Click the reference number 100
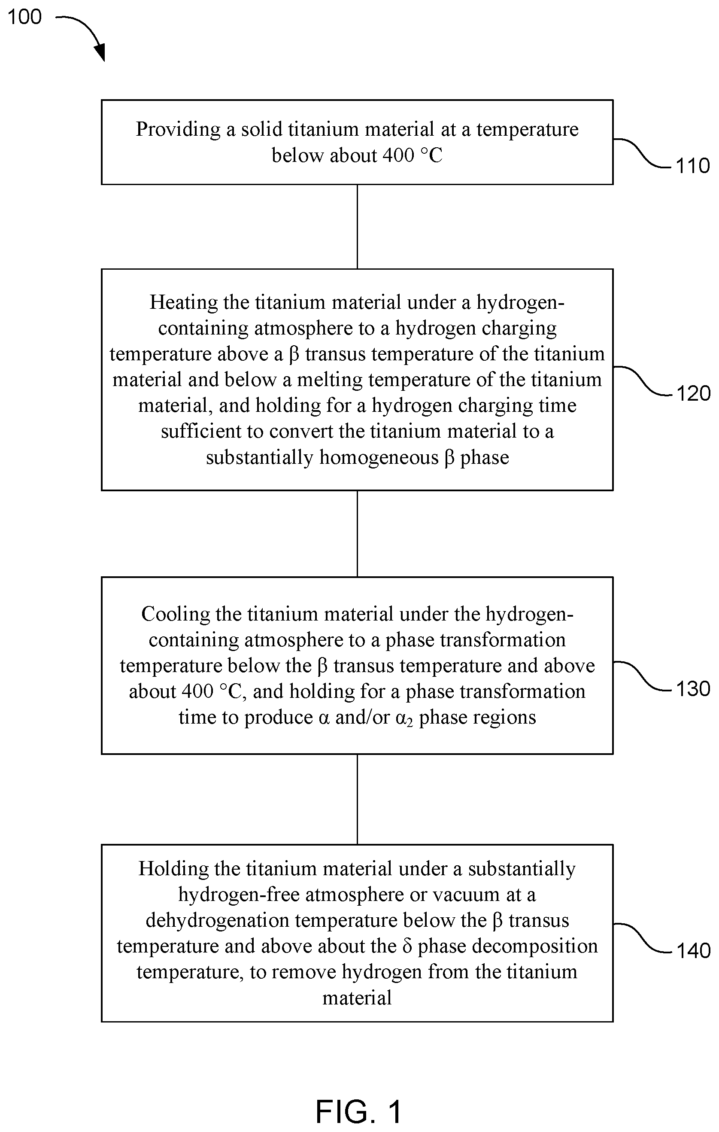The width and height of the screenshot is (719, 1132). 24,16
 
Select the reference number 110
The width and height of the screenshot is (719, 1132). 693,165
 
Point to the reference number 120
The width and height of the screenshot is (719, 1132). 693,393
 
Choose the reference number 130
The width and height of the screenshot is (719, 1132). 693,689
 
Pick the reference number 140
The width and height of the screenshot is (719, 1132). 693,950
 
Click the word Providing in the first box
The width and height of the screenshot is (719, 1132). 178,129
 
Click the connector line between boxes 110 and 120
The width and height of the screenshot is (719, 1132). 357,227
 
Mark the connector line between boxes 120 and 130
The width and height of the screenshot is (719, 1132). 357,533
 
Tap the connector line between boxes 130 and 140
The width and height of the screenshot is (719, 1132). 357,799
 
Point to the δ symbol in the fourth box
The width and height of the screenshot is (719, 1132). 407,946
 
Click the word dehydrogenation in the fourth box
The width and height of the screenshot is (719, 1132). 217,920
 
